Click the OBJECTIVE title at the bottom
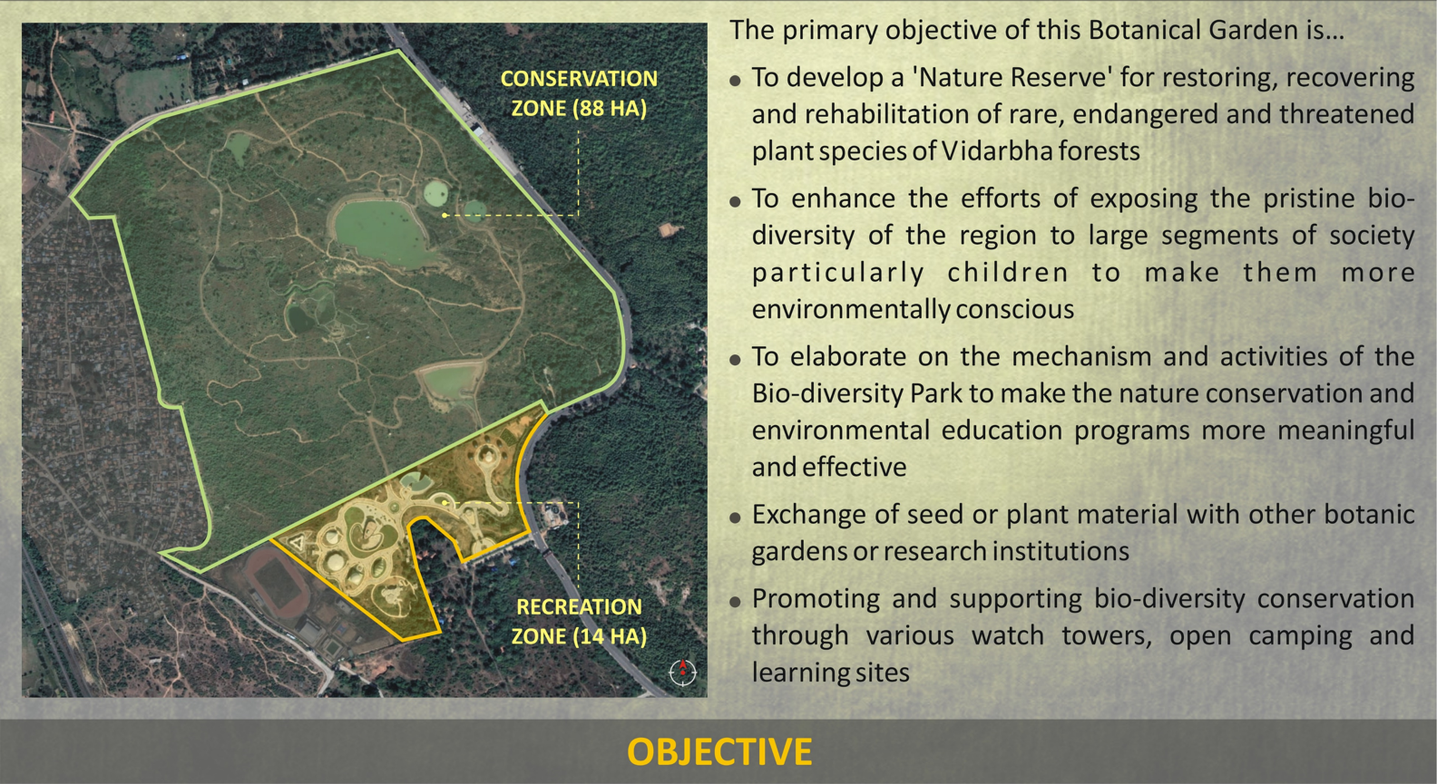click(x=719, y=751)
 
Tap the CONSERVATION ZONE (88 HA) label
click(x=579, y=93)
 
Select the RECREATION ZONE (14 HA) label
click(x=579, y=621)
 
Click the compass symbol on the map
click(x=682, y=672)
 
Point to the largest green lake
click(x=381, y=231)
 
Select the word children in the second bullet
click(x=1008, y=273)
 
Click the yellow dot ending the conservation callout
click(x=445, y=216)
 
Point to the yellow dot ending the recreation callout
click(x=445, y=503)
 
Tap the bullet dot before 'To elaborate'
click(x=735, y=360)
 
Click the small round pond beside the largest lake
click(x=435, y=192)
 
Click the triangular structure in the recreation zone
click(x=297, y=542)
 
